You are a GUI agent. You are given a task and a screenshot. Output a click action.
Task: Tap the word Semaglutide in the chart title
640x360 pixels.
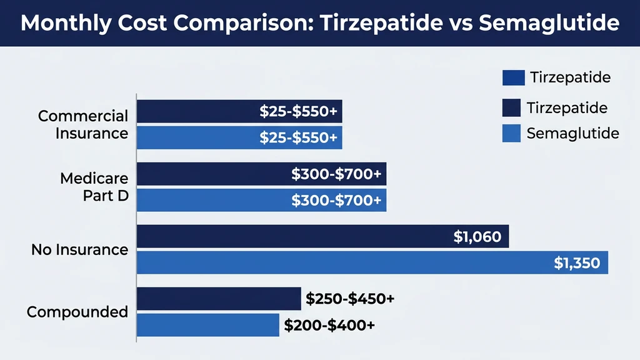pyautogui.click(x=549, y=23)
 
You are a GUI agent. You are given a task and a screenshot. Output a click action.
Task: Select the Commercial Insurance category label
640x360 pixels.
pyautogui.click(x=83, y=124)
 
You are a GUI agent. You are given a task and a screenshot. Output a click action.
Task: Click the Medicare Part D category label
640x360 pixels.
pyautogui.click(x=94, y=187)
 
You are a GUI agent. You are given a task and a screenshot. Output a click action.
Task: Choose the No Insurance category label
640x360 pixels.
pyautogui.click(x=79, y=249)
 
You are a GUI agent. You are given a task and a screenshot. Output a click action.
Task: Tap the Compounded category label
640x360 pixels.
pyautogui.click(x=77, y=312)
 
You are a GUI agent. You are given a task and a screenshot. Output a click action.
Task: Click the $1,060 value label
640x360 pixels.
pyautogui.click(x=477, y=237)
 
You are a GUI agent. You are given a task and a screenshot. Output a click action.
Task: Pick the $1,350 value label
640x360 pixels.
pyautogui.click(x=577, y=263)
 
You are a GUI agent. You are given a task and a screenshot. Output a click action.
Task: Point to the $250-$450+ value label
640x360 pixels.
pyautogui.click(x=350, y=299)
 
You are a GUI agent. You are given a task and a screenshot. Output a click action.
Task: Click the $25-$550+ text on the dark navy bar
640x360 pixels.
pyautogui.click(x=299, y=112)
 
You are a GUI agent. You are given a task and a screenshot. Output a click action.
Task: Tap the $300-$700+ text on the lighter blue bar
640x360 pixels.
pyautogui.click(x=336, y=201)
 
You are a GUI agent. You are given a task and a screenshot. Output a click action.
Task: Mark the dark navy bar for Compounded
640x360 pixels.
pyautogui.click(x=219, y=299)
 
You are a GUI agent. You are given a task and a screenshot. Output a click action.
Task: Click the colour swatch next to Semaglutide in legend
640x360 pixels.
pyautogui.click(x=511, y=134)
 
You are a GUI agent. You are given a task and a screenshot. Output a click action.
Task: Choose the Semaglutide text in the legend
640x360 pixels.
pyautogui.click(x=572, y=133)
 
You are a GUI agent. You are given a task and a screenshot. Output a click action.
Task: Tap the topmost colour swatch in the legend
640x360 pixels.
pyautogui.click(x=513, y=77)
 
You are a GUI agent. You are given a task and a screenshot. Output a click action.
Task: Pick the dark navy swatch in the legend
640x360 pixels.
pyautogui.click(x=511, y=108)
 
